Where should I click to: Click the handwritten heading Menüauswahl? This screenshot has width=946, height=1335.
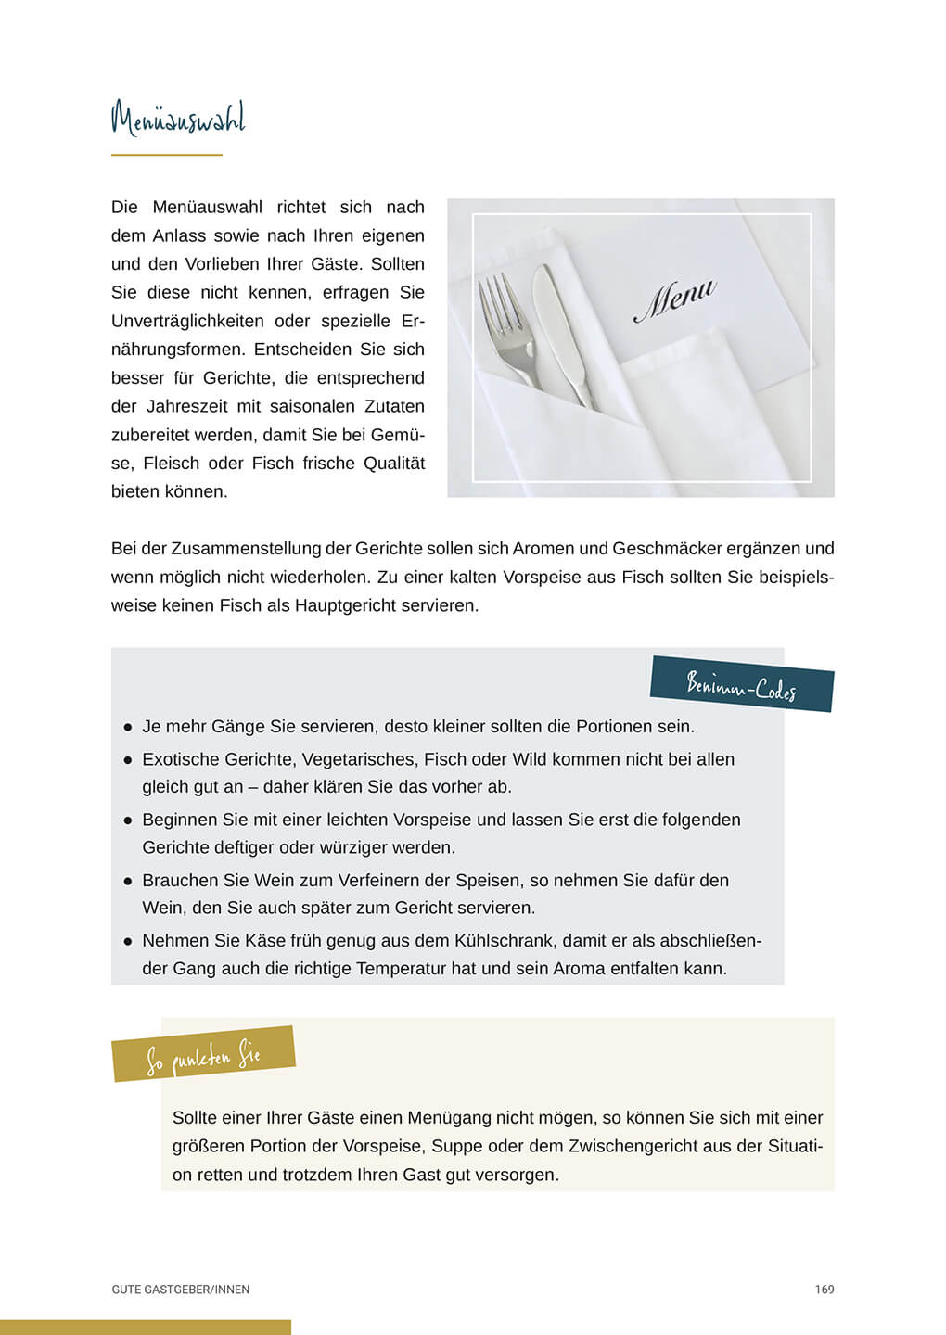(178, 120)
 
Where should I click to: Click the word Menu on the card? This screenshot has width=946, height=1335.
(674, 299)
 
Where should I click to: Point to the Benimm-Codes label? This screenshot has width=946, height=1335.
(742, 687)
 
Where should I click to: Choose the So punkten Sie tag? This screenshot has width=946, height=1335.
(203, 1055)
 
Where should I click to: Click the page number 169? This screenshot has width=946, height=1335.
(825, 1290)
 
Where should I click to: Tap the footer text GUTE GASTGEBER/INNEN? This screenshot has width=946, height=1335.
(181, 1290)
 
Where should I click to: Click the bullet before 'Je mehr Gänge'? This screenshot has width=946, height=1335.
(128, 728)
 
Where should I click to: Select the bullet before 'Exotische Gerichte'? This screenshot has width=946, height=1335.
(128, 760)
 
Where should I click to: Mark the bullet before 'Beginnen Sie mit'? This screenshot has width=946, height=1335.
(128, 820)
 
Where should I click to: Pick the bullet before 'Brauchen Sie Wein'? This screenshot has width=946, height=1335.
(128, 881)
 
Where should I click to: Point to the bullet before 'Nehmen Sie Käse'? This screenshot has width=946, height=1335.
(128, 941)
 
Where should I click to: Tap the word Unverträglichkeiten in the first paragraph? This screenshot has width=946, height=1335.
(187, 321)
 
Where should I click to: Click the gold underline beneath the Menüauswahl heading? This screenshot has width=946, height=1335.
(167, 155)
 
